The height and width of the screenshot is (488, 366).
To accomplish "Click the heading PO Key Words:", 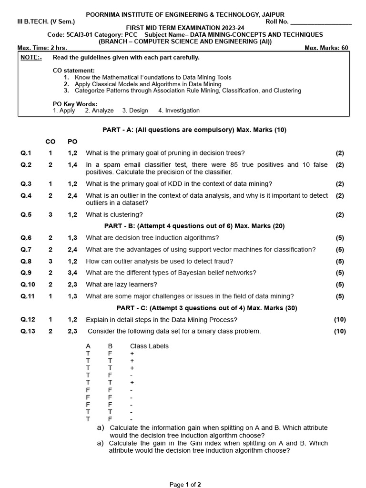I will coord(75,103).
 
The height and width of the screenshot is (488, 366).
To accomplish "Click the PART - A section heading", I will coord(194,130).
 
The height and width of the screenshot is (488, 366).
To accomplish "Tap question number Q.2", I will coord(26,165).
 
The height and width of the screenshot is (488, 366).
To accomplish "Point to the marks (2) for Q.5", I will coord(339,214).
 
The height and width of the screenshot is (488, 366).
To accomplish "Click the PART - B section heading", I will coord(194,226).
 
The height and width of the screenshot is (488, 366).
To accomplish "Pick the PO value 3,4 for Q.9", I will coord(72,273).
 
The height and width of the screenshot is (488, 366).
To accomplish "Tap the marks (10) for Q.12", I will coord(340,319).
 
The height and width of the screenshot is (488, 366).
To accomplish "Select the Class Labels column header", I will coord(149,346).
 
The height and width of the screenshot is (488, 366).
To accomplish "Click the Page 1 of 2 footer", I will coord(185,484).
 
